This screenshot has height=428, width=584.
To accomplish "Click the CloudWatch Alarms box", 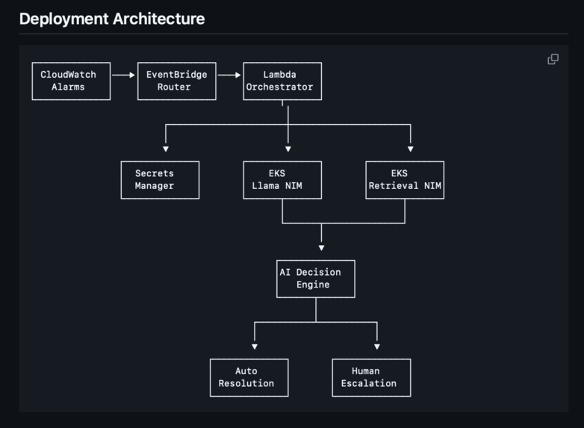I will pyautogui.click(x=71, y=81).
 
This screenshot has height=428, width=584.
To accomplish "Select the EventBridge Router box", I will pyautogui.click(x=176, y=81).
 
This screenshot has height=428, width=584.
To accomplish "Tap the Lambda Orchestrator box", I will pyautogui.click(x=282, y=81).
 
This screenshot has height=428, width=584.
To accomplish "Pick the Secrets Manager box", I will pyautogui.click(x=160, y=180).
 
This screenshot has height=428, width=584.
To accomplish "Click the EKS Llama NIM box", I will pyautogui.click(x=282, y=180).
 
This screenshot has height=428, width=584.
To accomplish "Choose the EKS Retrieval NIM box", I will pyautogui.click(x=405, y=180).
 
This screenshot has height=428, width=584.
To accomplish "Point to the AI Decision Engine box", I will pyautogui.click(x=315, y=279).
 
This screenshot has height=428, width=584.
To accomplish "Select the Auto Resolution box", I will pyautogui.click(x=249, y=377).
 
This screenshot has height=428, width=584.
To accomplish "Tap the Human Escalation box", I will pyautogui.click(x=371, y=377).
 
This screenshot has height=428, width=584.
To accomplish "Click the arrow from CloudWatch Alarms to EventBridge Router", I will pyautogui.click(x=124, y=75).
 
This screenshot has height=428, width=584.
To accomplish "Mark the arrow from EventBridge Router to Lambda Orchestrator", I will pyautogui.click(x=229, y=75).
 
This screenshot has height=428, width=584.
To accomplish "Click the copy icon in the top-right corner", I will pyautogui.click(x=553, y=59).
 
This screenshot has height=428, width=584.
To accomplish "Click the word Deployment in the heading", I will pyautogui.click(x=63, y=19).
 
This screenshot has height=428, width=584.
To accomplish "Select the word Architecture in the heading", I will pyautogui.click(x=158, y=19).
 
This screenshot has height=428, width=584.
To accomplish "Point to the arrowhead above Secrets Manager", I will pyautogui.click(x=166, y=149).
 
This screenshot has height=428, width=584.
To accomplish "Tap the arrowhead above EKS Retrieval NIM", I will pyautogui.click(x=411, y=149).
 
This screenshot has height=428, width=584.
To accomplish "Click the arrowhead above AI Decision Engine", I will pyautogui.click(x=322, y=247).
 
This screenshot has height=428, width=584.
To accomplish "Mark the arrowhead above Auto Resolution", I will pyautogui.click(x=255, y=347).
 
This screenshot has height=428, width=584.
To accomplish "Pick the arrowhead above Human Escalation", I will pyautogui.click(x=377, y=347).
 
